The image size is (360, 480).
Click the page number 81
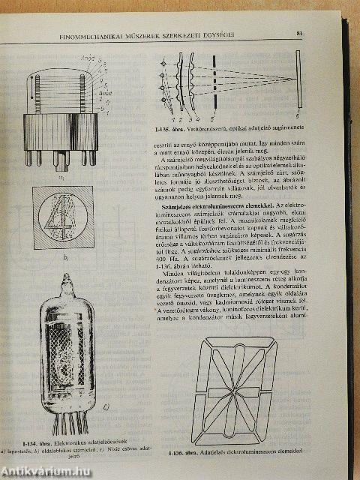click(298, 33)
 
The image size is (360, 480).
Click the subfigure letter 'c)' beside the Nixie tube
click(106, 408)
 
